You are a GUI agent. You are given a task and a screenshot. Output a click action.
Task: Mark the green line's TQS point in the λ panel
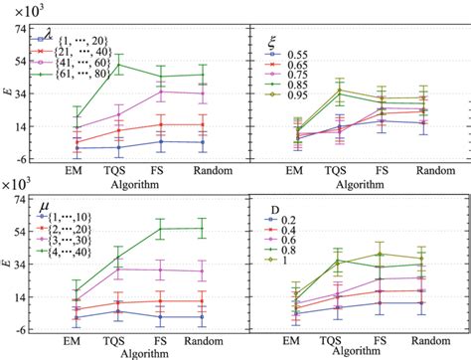(119, 65)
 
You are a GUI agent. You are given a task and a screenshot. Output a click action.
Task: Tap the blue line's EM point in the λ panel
(77, 148)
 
